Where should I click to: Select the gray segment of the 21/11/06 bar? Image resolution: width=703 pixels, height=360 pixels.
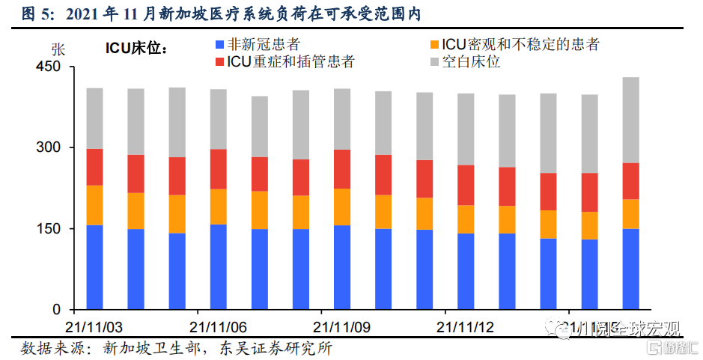(x=218, y=119)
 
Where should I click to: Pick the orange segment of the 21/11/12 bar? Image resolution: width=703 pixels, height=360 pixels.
(x=466, y=219)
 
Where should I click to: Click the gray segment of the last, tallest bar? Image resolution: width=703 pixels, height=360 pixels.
(x=631, y=120)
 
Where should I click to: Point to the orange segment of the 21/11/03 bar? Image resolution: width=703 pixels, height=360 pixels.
(x=94, y=205)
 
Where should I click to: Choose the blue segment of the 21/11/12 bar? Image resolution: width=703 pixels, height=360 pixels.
(x=466, y=271)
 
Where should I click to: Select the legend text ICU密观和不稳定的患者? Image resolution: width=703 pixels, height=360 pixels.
(x=520, y=45)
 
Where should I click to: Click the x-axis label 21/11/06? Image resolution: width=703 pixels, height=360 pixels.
(x=218, y=328)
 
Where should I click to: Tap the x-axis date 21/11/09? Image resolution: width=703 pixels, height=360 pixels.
(x=341, y=328)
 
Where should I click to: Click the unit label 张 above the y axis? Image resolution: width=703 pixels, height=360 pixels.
(x=58, y=49)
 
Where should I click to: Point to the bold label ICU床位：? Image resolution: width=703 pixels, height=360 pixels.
(x=136, y=49)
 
